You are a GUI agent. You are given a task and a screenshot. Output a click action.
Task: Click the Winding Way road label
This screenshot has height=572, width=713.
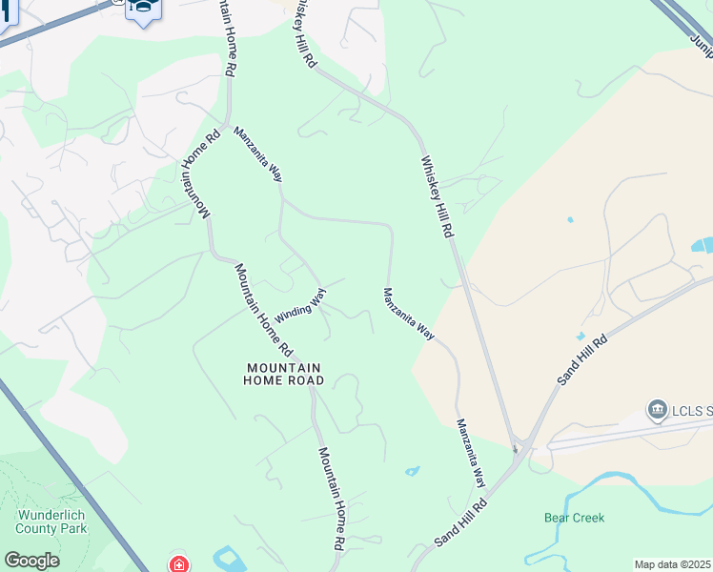300,304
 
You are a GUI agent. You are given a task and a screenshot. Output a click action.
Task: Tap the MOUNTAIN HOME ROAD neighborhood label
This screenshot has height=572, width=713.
285,374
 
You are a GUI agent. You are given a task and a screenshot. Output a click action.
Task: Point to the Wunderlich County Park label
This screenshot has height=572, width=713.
51,521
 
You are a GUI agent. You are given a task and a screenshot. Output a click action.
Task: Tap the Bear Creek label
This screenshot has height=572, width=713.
574,518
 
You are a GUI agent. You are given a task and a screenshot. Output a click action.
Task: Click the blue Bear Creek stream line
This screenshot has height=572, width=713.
610,496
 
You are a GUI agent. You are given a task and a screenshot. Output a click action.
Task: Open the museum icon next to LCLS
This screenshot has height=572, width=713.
657,411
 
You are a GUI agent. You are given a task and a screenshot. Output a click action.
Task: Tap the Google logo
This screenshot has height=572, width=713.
31,561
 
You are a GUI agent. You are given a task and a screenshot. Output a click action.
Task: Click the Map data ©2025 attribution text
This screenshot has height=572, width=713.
673,564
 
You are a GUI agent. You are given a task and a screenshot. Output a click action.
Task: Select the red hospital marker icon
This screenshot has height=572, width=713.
179,564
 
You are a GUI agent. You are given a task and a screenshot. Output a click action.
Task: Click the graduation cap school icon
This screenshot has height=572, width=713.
144,10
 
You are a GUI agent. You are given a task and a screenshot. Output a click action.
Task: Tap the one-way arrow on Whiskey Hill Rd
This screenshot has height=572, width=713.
516,447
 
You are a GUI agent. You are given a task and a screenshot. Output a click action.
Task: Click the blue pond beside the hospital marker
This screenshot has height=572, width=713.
229,558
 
